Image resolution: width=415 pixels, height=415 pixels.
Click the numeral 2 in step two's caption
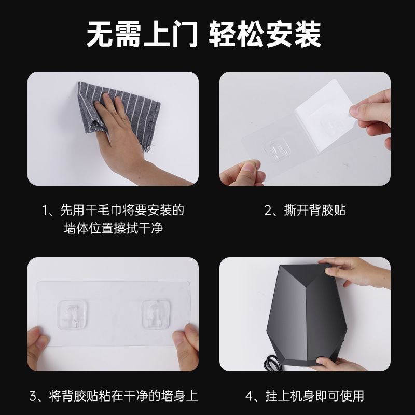point(269,210)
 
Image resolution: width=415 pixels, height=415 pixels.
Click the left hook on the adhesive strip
point(72,314)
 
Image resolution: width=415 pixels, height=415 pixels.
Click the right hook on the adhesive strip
point(157,314)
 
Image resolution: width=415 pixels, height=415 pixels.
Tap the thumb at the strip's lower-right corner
point(184,345)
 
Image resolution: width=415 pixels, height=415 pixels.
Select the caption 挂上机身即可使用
point(312,396)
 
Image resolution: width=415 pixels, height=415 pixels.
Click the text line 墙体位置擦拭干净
point(113,228)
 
